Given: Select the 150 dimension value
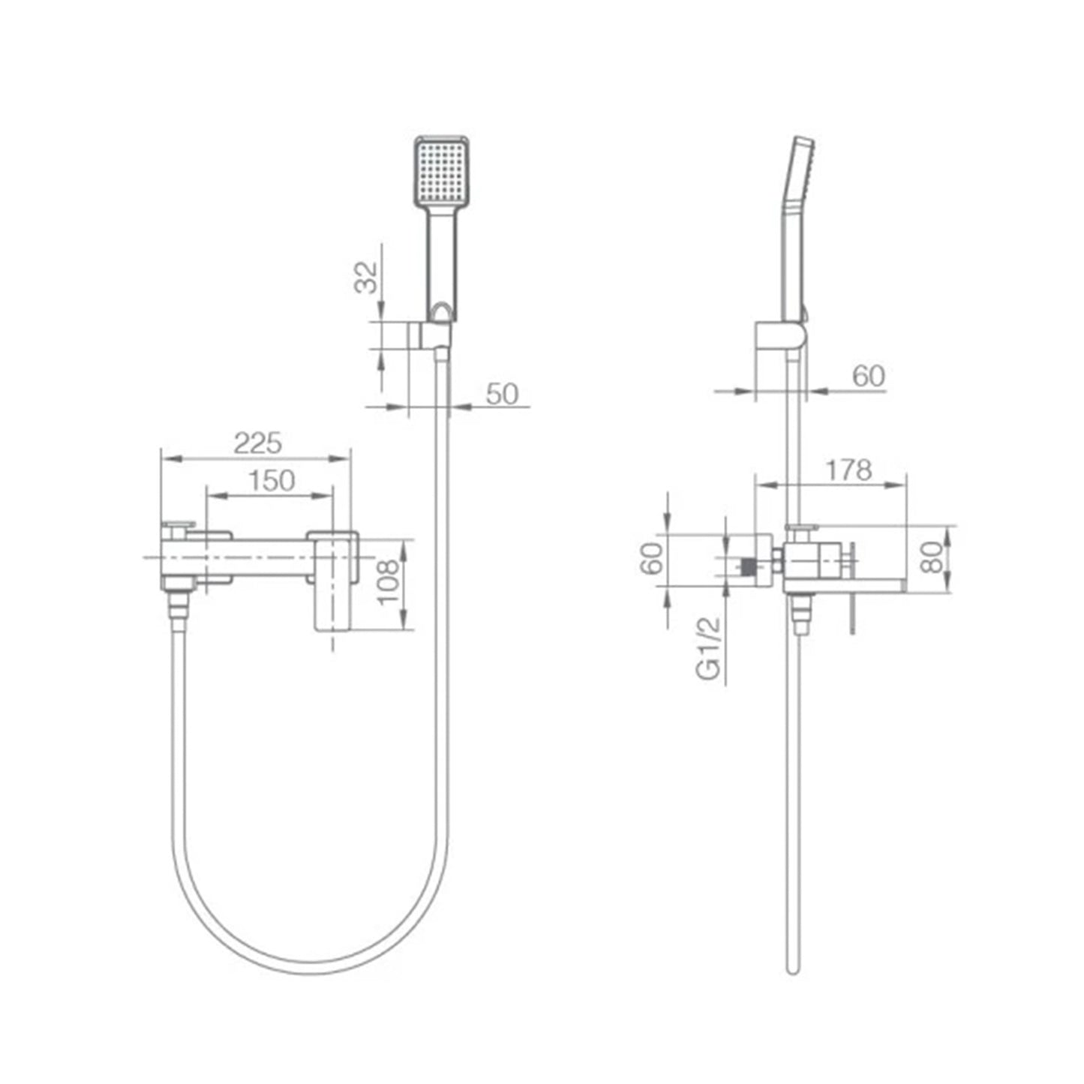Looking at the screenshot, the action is tap(272, 480).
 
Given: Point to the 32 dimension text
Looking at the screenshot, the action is tap(366, 278).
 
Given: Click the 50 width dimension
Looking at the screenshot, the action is tap(502, 394).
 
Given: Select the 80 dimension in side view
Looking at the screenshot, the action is tap(932, 557).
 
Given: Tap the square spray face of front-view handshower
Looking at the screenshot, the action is tap(442, 172).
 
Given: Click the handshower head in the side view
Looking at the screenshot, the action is tap(797, 225).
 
